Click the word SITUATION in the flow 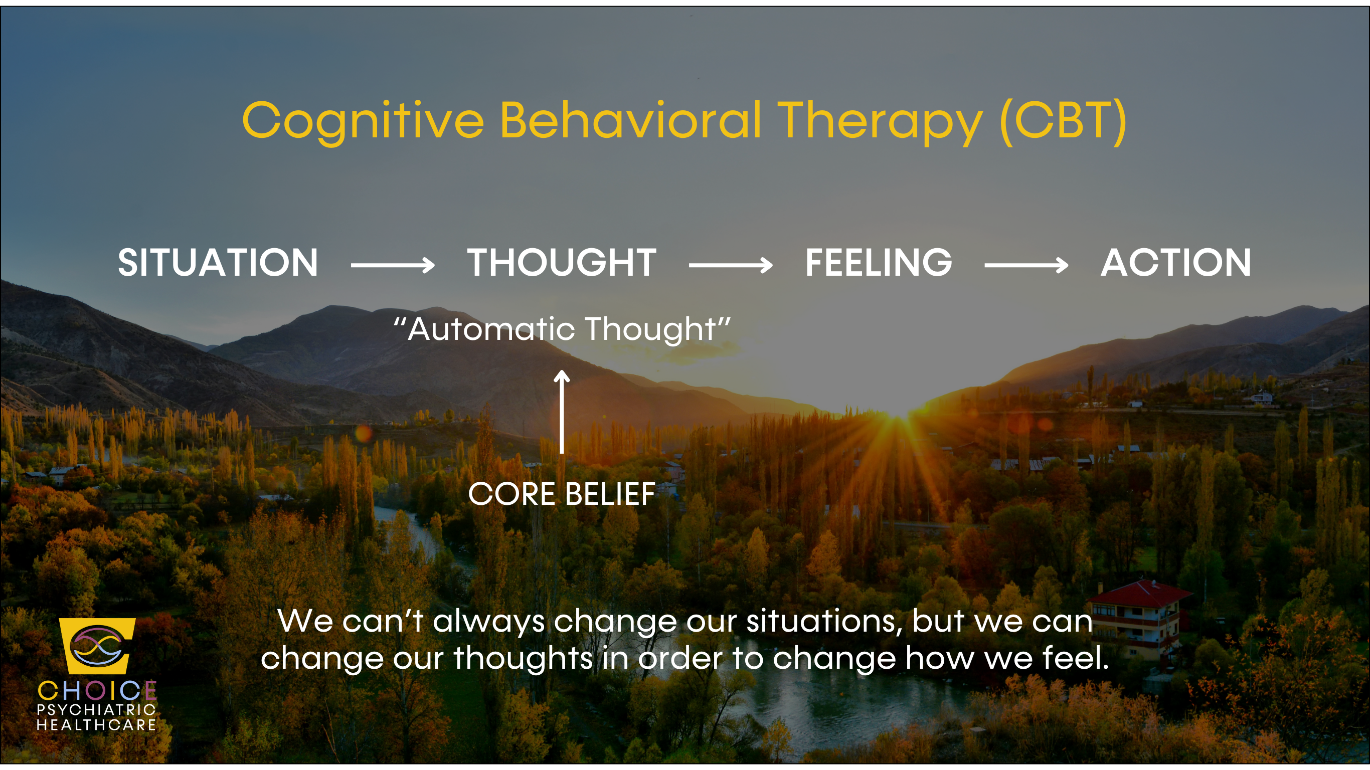pyautogui.click(x=218, y=263)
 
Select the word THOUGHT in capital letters pyautogui.click(x=562, y=263)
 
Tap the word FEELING pyautogui.click(x=879, y=263)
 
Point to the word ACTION pyautogui.click(x=1176, y=263)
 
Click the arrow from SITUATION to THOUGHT pyautogui.click(x=393, y=264)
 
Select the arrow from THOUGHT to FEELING pyautogui.click(x=731, y=264)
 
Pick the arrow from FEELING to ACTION pyautogui.click(x=1026, y=264)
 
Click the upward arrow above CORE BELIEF pyautogui.click(x=562, y=412)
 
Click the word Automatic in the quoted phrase pyautogui.click(x=491, y=329)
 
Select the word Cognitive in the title pyautogui.click(x=363, y=122)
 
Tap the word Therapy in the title pyautogui.click(x=880, y=122)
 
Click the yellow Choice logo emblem pyautogui.click(x=97, y=646)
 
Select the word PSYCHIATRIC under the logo pyautogui.click(x=96, y=710)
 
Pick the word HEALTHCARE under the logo pyautogui.click(x=96, y=725)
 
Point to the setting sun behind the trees pyautogui.click(x=899, y=420)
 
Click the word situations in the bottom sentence pyautogui.click(x=823, y=621)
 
